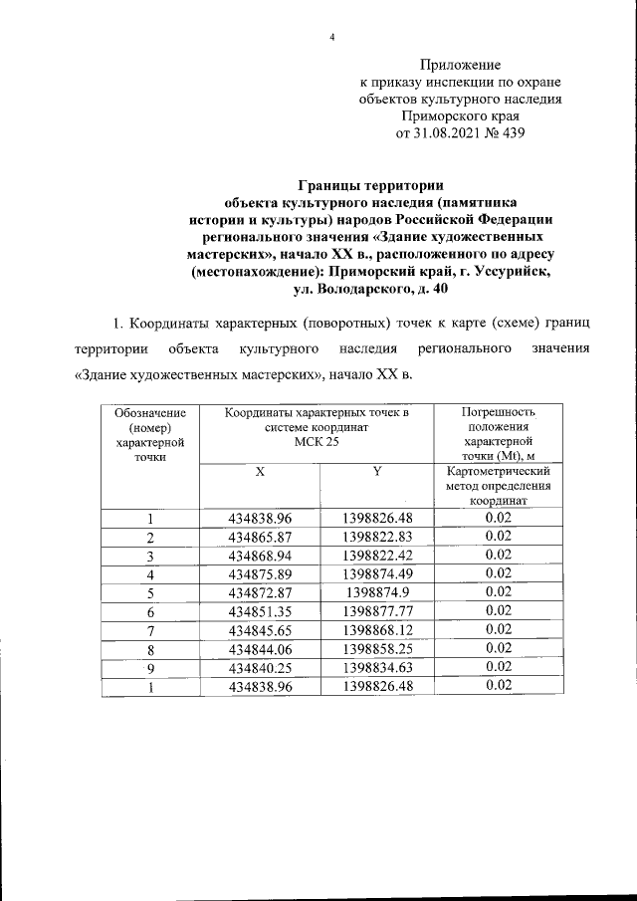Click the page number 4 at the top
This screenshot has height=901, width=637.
click(331, 38)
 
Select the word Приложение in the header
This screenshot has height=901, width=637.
click(460, 65)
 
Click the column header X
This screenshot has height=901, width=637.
click(259, 471)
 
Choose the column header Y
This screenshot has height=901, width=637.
click(377, 471)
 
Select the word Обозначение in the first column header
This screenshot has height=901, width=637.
click(149, 411)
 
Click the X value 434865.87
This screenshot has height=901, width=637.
click(259, 537)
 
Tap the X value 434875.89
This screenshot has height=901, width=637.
click(259, 573)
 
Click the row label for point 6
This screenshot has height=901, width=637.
click(149, 610)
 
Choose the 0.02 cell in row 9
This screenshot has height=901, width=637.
click(499, 667)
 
